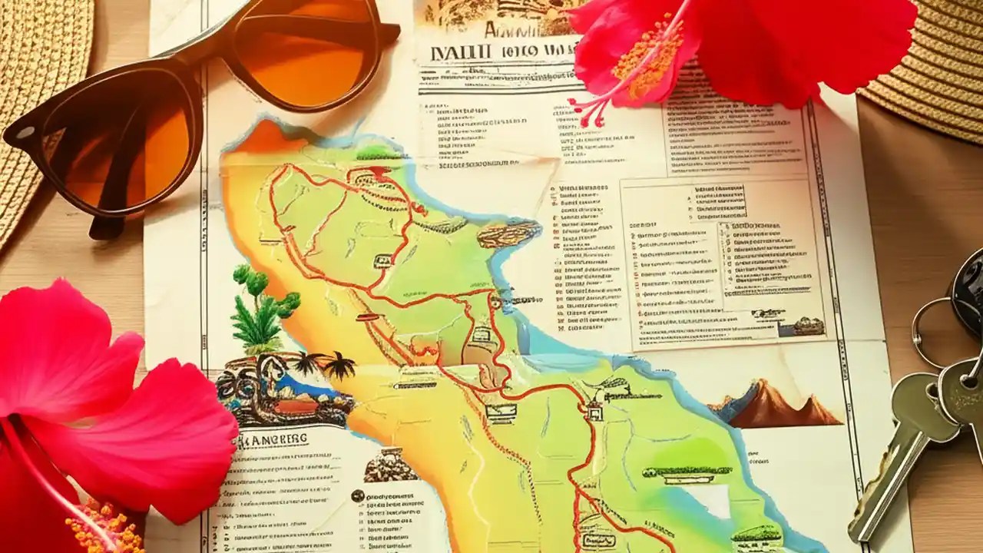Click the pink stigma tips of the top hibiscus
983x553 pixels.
[x=587, y=111]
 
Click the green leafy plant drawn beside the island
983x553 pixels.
[x=261, y=311]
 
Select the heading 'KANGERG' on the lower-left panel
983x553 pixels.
[x=273, y=440]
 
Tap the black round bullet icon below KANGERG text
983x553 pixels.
[x=357, y=496]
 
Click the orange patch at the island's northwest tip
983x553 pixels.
[x=261, y=138]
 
